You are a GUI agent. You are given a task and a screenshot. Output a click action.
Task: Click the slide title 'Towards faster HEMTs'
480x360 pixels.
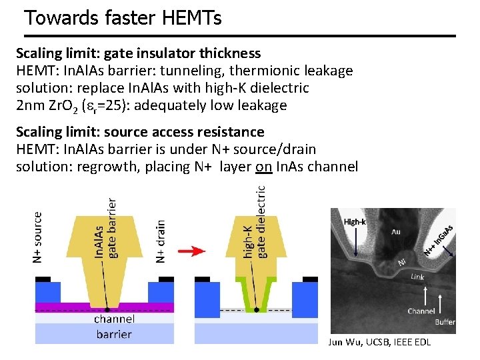tap(123, 18)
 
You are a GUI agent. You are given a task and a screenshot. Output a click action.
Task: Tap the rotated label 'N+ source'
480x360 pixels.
tap(38, 237)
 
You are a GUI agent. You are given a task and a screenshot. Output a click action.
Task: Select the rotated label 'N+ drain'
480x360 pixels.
tap(160, 241)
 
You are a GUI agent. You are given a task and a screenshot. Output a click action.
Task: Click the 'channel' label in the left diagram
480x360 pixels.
tap(114, 319)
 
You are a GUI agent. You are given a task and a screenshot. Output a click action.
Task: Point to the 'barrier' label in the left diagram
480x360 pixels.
tap(114, 333)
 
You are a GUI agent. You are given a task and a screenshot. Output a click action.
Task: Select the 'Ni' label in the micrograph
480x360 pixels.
tap(401, 263)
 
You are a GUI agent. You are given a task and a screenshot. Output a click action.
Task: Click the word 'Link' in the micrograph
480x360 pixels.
tap(417, 276)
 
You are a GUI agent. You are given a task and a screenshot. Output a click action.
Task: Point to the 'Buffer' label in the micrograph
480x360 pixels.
tap(445, 322)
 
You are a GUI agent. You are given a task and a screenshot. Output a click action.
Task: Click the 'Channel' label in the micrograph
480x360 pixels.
tap(421, 311)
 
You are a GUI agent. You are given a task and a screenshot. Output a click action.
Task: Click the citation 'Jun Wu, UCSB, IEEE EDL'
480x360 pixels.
tap(379, 342)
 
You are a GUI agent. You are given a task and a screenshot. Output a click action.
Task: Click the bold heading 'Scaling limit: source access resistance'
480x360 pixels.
tap(140, 132)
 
